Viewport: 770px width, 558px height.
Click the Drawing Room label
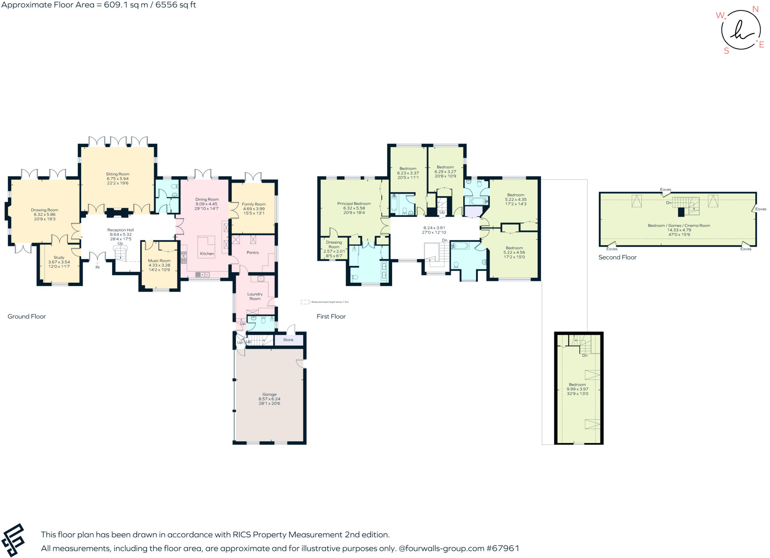pyautogui.click(x=44, y=210)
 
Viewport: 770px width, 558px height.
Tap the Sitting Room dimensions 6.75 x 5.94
pyautogui.click(x=117, y=179)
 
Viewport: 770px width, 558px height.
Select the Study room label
pyautogui.click(x=59, y=258)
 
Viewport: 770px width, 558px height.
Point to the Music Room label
pyautogui.click(x=159, y=261)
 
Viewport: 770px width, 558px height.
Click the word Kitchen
pyautogui.click(x=207, y=253)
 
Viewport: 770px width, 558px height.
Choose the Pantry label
pyautogui.click(x=253, y=252)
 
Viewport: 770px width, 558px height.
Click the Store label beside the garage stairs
pyautogui.click(x=288, y=340)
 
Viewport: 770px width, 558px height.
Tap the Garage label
pyautogui.click(x=269, y=394)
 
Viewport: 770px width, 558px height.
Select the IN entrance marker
pyautogui.click(x=97, y=267)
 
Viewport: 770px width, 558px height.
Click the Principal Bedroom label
pyautogui.click(x=354, y=203)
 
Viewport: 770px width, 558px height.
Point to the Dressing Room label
pyautogui.click(x=334, y=244)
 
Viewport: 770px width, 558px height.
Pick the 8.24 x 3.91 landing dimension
pyautogui.click(x=434, y=227)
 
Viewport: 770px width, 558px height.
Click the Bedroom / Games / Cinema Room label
pyautogui.click(x=679, y=225)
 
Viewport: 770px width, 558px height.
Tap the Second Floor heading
pyautogui.click(x=617, y=257)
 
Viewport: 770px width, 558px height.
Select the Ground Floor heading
pyautogui.click(x=27, y=316)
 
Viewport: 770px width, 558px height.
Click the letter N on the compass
pyautogui.click(x=755, y=9)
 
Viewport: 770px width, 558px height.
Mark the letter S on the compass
pyautogui.click(x=726, y=51)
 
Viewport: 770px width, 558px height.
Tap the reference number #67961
pyautogui.click(x=503, y=548)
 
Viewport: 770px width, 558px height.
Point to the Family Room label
pyautogui.click(x=254, y=204)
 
